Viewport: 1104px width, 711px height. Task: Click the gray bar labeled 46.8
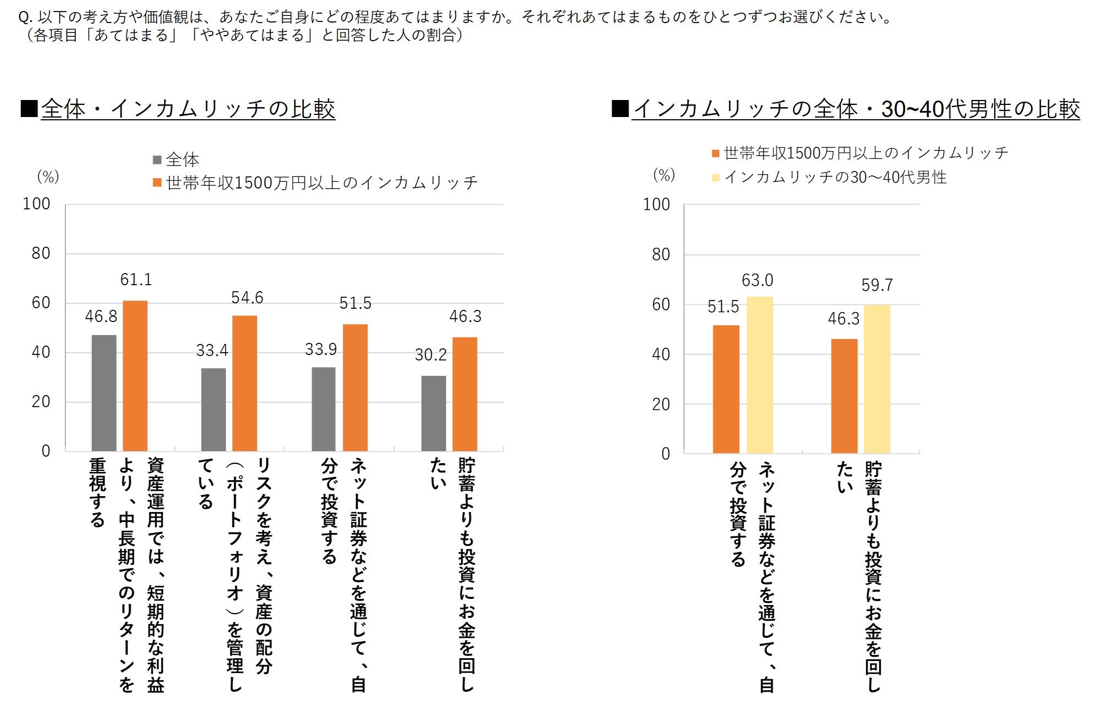click(104, 393)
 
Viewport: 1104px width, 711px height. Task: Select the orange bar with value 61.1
click(135, 376)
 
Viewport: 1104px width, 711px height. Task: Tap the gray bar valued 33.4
click(213, 409)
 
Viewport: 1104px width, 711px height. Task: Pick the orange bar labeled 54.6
click(245, 384)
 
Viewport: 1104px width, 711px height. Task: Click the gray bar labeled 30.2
click(434, 413)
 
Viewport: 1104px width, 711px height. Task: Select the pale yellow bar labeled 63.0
click(759, 375)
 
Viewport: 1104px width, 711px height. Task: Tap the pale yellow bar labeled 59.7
click(877, 379)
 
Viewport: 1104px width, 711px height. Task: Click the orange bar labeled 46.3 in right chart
click(844, 396)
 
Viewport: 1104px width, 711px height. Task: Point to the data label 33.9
click(321, 349)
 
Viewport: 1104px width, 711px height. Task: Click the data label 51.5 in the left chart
click(355, 303)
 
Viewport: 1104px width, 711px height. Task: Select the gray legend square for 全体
click(157, 160)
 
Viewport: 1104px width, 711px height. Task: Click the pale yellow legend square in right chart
click(715, 177)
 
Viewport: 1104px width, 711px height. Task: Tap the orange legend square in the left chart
click(157, 182)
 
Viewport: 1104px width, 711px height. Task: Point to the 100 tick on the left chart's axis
click(36, 204)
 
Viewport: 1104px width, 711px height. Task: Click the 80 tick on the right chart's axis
click(661, 254)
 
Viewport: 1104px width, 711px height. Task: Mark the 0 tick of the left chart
click(46, 451)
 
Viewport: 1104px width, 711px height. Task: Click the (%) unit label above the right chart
click(664, 175)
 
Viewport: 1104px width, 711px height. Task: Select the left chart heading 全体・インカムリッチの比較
click(188, 109)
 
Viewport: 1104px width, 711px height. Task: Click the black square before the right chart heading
click(620, 108)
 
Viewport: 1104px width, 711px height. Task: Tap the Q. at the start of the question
click(25, 18)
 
